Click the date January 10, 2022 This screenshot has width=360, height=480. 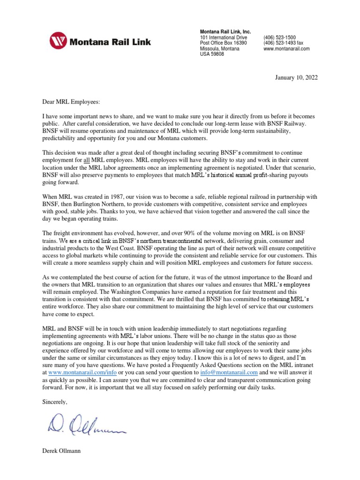(296, 78)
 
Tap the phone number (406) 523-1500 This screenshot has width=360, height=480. (280, 37)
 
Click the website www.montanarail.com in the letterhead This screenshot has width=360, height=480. (287, 49)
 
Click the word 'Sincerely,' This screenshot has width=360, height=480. (55, 402)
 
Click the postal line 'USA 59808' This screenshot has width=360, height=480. (212, 54)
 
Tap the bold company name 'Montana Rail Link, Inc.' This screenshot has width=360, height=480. (225, 31)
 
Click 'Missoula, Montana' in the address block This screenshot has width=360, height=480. (219, 49)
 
